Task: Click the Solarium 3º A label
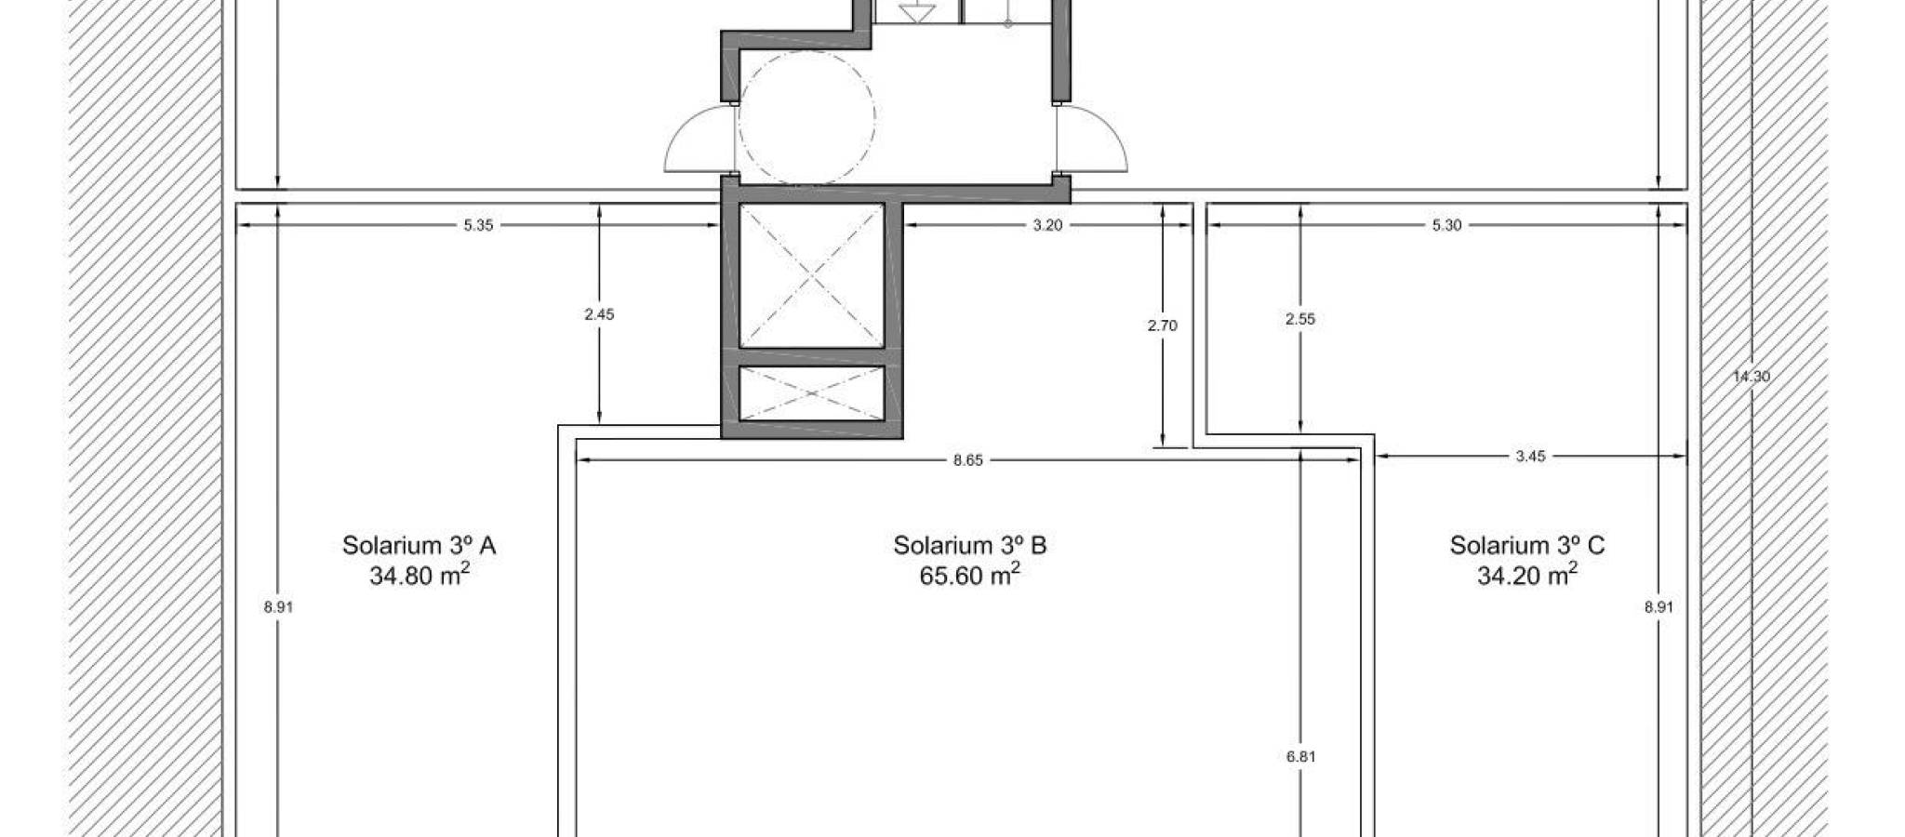(419, 545)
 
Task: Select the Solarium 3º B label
(970, 545)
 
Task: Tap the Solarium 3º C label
(1527, 545)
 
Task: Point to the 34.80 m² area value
(419, 575)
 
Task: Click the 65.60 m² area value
(969, 575)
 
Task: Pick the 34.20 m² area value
(1527, 575)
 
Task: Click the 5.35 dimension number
(478, 225)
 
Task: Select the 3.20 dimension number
(1047, 225)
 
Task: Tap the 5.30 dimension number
(1447, 225)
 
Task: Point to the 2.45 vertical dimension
(599, 314)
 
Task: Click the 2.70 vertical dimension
(1163, 325)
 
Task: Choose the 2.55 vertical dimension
(1300, 319)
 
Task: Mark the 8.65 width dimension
(968, 459)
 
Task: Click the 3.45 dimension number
(1531, 457)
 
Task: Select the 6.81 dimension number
(1300, 757)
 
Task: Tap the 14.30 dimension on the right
(1752, 377)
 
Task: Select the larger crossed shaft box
(811, 275)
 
